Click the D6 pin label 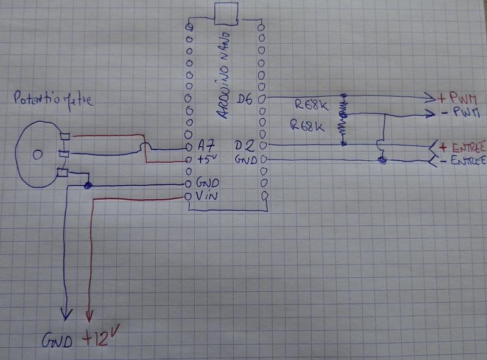(245, 98)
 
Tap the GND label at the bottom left (57, 341)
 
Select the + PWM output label (457, 97)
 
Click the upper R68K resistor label (311, 105)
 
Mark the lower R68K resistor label (309, 126)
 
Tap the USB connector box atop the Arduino (226, 14)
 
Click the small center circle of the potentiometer (38, 155)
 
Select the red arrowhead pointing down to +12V (89, 316)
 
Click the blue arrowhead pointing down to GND (65, 314)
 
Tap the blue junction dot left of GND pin (88, 186)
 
